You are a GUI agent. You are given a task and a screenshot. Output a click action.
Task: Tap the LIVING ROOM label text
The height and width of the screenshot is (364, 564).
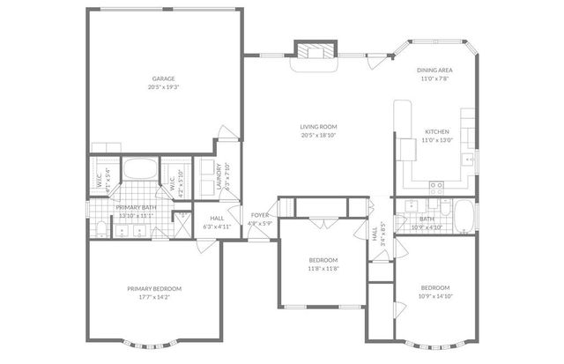pos(318,127)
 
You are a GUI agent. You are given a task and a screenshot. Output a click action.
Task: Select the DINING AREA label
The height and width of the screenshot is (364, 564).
pos(435,71)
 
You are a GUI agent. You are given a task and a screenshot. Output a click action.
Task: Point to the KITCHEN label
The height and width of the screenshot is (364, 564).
pos(437,131)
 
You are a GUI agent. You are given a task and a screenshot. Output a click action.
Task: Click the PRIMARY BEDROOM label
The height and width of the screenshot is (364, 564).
pos(153,289)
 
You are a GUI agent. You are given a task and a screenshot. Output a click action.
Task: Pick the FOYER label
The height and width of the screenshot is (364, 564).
pos(260,215)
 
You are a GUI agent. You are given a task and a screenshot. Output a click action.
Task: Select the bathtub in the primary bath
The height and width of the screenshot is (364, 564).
pos(138,169)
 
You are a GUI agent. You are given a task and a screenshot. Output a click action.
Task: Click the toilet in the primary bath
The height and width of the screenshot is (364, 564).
pos(100,231)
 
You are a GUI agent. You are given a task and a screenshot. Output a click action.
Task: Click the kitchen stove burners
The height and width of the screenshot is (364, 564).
pos(435,185)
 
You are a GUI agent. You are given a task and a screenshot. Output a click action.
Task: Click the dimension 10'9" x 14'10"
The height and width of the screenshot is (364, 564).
pos(434,297)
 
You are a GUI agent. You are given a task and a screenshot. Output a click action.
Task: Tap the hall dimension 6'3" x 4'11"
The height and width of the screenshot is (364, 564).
pos(217,226)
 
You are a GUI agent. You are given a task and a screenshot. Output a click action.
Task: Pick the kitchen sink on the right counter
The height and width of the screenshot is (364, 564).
pos(464,160)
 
